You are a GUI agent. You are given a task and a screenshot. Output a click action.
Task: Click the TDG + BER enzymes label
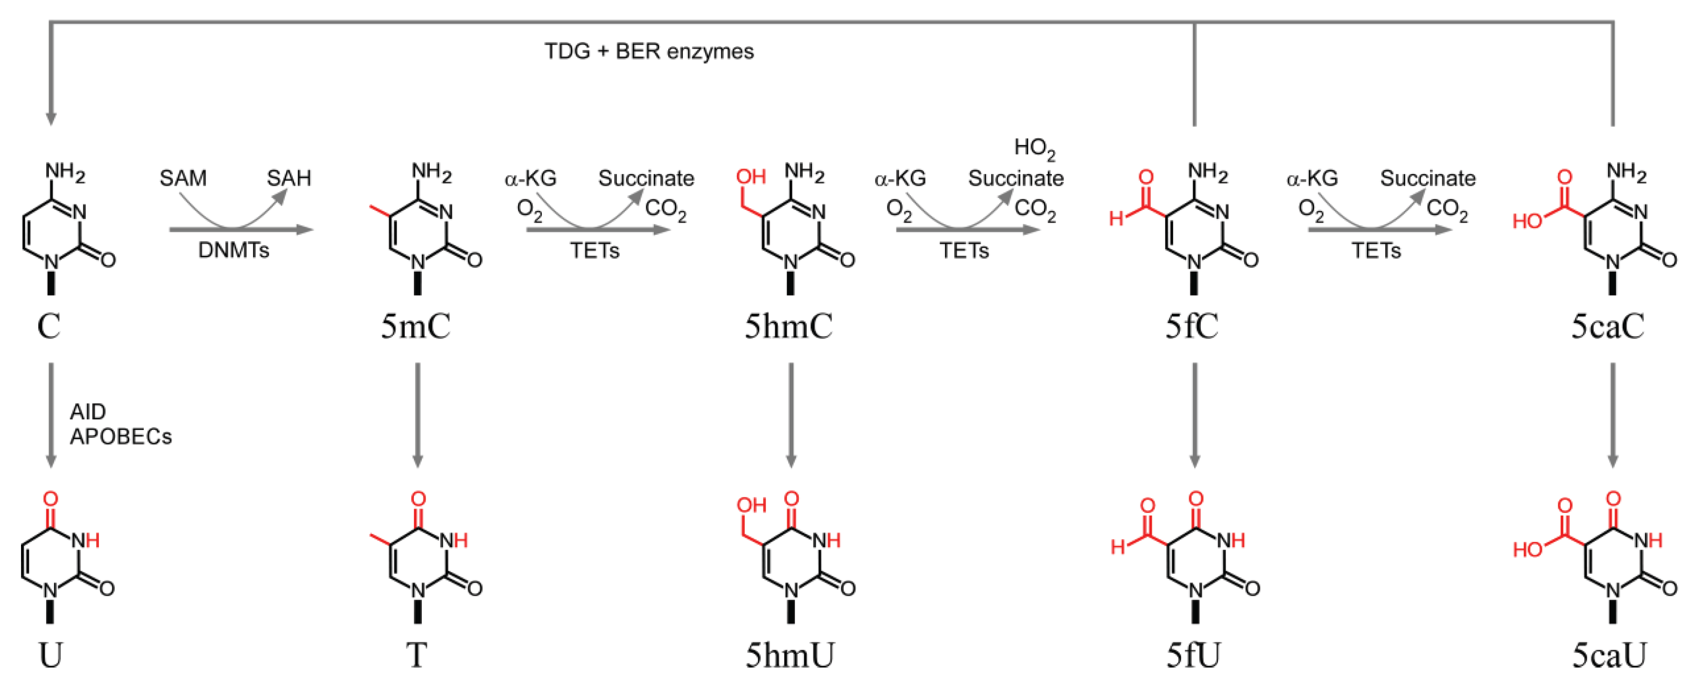[649, 51]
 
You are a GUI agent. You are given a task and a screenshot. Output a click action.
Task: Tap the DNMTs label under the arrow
[234, 250]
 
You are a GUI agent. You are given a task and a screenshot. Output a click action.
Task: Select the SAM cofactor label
[183, 178]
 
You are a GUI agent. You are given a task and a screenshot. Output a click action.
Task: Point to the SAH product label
[289, 178]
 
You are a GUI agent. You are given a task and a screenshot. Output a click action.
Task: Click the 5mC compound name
[416, 326]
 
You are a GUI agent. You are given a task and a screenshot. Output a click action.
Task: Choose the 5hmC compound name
[789, 326]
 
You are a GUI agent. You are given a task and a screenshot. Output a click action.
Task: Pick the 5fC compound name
[1192, 326]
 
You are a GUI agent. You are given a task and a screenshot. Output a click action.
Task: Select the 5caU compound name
[1610, 654]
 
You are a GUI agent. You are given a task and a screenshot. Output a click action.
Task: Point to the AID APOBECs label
[120, 424]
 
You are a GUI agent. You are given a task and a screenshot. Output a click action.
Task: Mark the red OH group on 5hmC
[750, 177]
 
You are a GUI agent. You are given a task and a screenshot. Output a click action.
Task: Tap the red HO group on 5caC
[1527, 222]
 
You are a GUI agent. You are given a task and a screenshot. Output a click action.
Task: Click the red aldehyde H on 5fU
[1118, 545]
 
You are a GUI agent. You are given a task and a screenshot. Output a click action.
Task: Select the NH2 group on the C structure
[65, 174]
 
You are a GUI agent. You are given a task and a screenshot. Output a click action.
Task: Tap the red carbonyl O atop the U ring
[51, 499]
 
